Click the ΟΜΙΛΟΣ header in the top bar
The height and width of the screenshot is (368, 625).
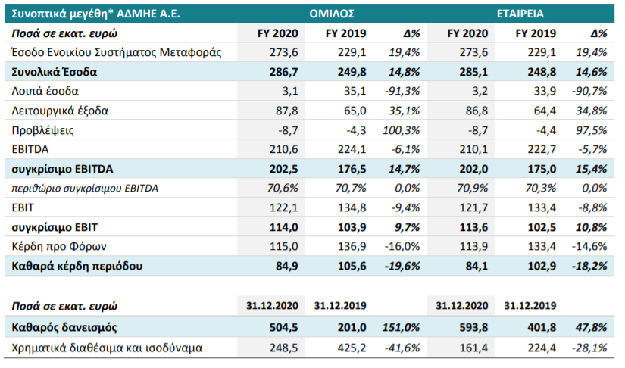[332, 14]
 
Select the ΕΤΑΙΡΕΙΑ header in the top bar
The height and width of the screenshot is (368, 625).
[520, 14]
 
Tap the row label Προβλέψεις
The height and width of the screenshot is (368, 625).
[42, 130]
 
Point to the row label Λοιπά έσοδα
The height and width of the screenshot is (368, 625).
[45, 91]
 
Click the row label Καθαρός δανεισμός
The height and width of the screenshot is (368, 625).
[64, 327]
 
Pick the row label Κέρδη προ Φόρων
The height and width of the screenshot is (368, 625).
[59, 247]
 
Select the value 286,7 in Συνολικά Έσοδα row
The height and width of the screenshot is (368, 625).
[283, 72]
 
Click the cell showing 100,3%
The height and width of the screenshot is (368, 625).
[401, 130]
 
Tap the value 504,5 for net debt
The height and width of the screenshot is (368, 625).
[283, 327]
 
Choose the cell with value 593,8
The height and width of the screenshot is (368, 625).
[473, 327]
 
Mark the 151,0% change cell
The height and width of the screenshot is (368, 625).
[401, 327]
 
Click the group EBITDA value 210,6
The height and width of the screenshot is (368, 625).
[283, 149]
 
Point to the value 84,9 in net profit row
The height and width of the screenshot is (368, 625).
[286, 266]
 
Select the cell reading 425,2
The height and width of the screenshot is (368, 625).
[352, 348]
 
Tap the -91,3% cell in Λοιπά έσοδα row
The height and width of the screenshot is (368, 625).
[402, 91]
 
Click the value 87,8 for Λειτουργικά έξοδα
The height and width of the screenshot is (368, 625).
[286, 111]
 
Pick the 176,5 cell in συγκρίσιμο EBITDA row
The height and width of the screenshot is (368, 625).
[352, 169]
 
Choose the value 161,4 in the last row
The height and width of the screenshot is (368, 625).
[473, 348]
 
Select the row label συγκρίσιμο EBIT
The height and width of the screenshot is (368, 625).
[55, 227]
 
